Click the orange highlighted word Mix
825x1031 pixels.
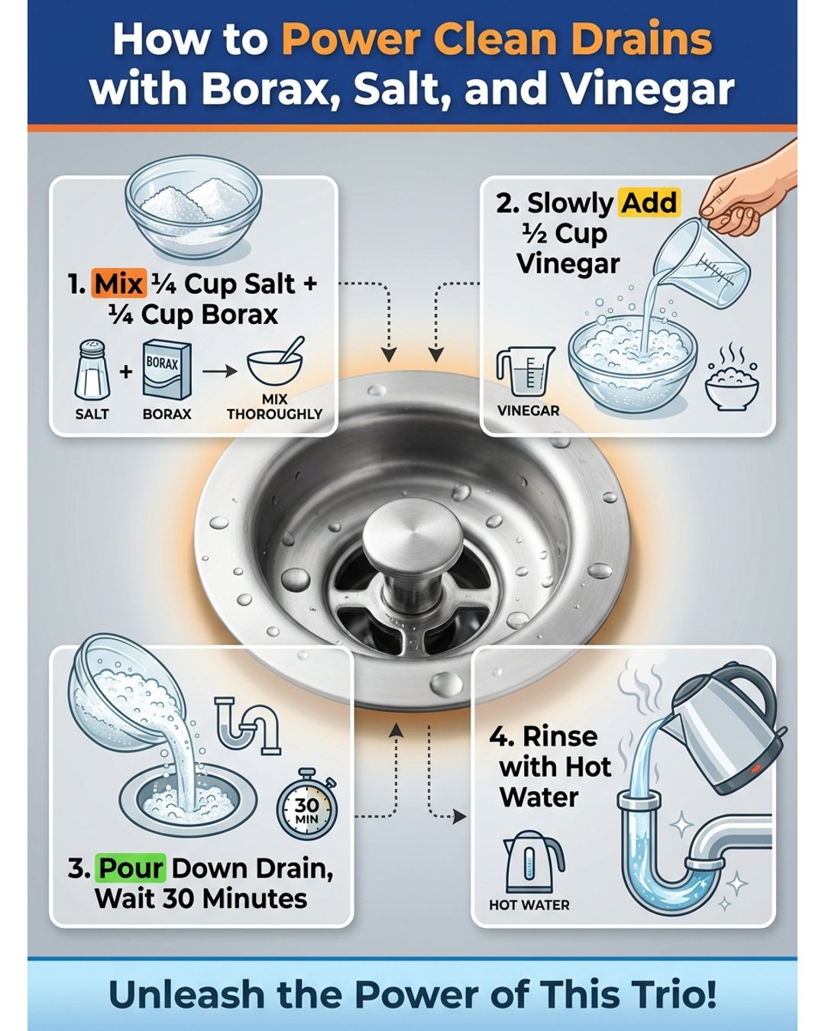[x=118, y=283]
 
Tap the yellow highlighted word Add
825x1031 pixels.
[x=649, y=202]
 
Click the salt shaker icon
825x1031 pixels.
[x=92, y=370]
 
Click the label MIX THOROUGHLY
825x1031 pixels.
[x=275, y=407]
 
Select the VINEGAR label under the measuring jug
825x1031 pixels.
[x=529, y=411]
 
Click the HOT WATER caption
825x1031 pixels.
[x=529, y=905]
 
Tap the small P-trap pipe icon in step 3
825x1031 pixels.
[x=247, y=726]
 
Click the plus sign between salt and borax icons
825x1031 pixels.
[x=125, y=371]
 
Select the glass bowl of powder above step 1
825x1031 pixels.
[x=194, y=207]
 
